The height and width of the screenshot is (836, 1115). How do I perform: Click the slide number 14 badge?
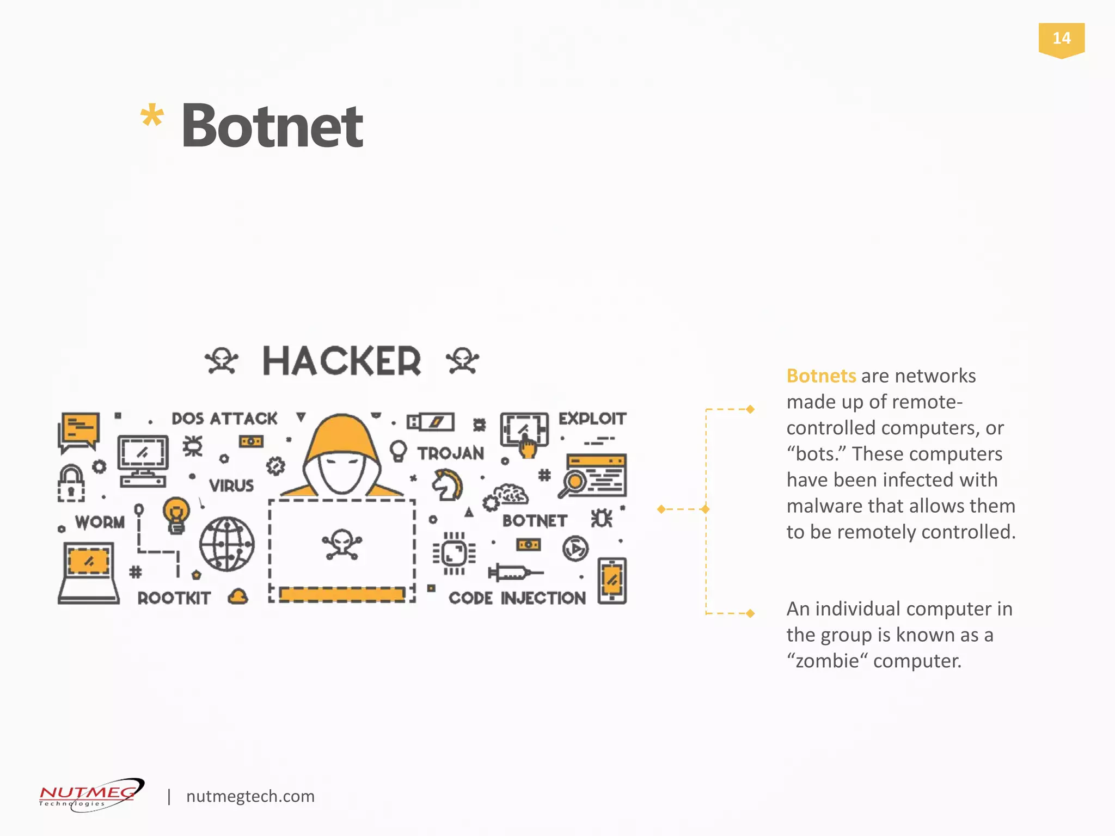(x=1061, y=39)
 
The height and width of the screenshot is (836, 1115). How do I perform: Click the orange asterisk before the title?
(x=152, y=116)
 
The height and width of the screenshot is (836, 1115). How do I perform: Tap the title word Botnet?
(x=272, y=126)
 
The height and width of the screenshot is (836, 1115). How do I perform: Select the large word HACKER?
(x=341, y=361)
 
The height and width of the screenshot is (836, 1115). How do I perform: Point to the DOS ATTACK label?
(x=224, y=419)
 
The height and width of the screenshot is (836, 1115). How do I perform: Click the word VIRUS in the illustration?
(x=231, y=485)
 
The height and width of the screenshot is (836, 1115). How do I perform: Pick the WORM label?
(x=100, y=522)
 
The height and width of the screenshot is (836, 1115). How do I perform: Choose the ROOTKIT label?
(x=174, y=598)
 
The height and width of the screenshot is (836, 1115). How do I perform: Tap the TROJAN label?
(x=451, y=453)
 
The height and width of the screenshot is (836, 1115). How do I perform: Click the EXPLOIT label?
(x=592, y=419)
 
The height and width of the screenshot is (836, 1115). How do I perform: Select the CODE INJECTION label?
(x=517, y=598)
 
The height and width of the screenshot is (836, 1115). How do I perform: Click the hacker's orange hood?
(x=342, y=435)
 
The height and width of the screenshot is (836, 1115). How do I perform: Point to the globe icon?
(x=226, y=544)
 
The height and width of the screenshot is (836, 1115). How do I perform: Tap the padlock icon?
(x=71, y=483)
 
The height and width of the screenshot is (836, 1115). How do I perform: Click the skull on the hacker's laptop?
(x=342, y=544)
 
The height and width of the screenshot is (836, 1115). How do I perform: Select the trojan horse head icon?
(x=447, y=485)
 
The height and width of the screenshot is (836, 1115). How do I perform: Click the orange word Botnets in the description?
(x=821, y=376)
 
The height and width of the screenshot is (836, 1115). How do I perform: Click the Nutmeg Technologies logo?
(x=91, y=795)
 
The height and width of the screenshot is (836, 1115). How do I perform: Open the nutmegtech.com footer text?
(x=250, y=796)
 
